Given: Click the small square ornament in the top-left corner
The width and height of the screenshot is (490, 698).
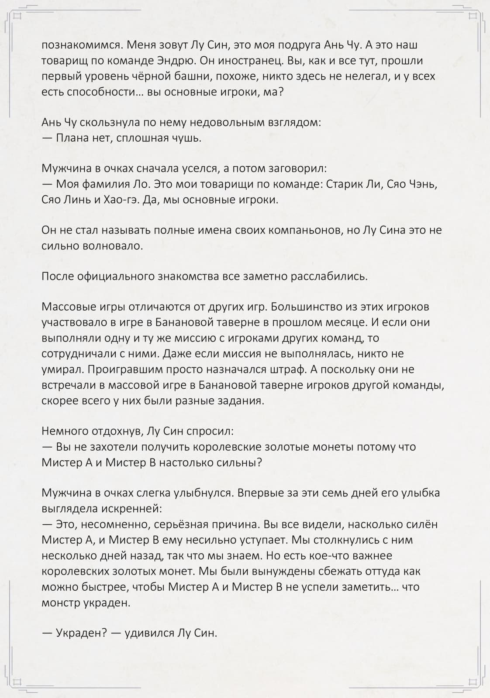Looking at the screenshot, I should (x=17, y=17).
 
